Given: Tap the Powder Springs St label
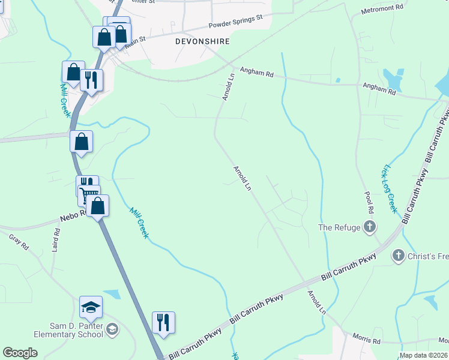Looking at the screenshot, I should (236, 23).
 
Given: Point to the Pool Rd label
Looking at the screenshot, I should (369, 203).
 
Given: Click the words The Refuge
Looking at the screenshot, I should (339, 227).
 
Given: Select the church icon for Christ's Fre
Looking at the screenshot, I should (398, 256).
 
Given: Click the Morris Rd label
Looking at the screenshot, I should (367, 339).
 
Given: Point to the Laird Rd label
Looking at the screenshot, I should (56, 239).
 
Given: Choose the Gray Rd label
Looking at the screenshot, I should (19, 242).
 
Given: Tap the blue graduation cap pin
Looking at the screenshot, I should (91, 307).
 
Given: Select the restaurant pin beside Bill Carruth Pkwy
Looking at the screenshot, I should (163, 322).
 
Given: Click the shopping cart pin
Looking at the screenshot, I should (89, 193).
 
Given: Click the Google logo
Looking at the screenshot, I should (20, 353).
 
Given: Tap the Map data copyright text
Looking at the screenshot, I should (423, 355).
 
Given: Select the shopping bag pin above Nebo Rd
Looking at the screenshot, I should (97, 206).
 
